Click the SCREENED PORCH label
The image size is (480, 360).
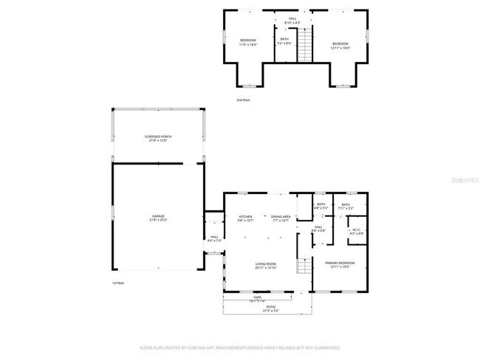pyautogui.click(x=157, y=136)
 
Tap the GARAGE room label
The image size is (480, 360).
pyautogui.click(x=157, y=216)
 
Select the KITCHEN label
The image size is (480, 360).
pyautogui.click(x=246, y=216)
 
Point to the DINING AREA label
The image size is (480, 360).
pyautogui.click(x=281, y=216)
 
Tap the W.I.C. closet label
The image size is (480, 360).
pyautogui.click(x=355, y=229)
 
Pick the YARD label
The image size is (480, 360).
pyautogui.click(x=258, y=297)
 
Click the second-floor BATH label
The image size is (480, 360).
pyautogui.click(x=284, y=38)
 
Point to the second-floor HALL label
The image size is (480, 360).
pyautogui.click(x=293, y=18)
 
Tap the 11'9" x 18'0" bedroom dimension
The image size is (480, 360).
pyautogui.click(x=247, y=45)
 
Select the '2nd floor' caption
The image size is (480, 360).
pyautogui.click(x=244, y=100)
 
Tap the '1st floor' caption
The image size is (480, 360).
pyautogui.click(x=119, y=283)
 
